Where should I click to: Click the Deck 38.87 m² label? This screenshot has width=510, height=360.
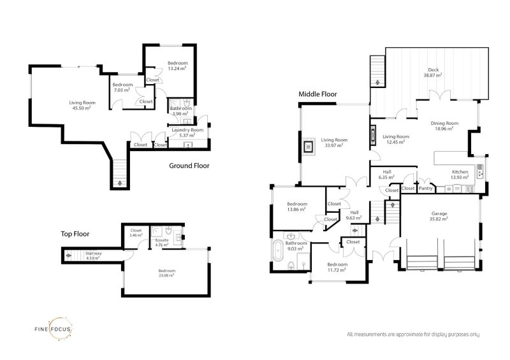tap(433, 73)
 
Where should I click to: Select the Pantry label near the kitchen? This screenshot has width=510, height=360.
tap(426, 188)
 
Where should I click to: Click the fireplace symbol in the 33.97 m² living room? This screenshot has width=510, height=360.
tap(309, 146)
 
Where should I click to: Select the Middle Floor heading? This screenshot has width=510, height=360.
tap(317, 94)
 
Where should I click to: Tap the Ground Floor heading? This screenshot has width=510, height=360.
tap(189, 166)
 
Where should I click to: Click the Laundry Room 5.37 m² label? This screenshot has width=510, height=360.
tap(187, 133)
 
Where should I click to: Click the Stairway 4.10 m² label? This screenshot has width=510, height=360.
tap(93, 256)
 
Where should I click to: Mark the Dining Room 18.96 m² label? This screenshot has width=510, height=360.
tap(444, 126)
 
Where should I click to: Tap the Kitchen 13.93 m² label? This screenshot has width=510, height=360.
tap(460, 175)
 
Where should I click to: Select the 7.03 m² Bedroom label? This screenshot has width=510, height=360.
tap(122, 87)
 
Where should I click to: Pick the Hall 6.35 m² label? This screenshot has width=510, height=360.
tap(387, 175)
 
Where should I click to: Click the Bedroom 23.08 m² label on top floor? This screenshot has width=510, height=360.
tap(167, 273)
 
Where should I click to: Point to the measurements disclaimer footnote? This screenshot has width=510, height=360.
tap(412, 335)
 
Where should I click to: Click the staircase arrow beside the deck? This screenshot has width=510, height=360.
tap(378, 82)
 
